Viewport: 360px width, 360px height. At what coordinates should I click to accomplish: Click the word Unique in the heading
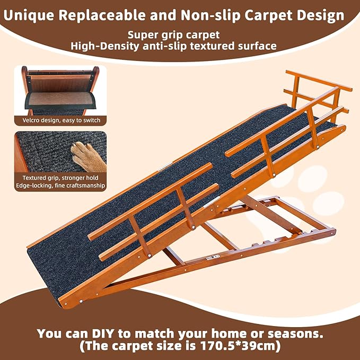(30, 15)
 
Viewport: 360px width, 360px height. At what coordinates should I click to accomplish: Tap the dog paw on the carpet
(88, 153)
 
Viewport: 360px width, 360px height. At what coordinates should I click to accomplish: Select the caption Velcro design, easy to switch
(60, 120)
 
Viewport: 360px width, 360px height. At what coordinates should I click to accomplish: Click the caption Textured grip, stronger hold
(60, 177)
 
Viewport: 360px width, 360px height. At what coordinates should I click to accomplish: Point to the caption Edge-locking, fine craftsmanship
(60, 186)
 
